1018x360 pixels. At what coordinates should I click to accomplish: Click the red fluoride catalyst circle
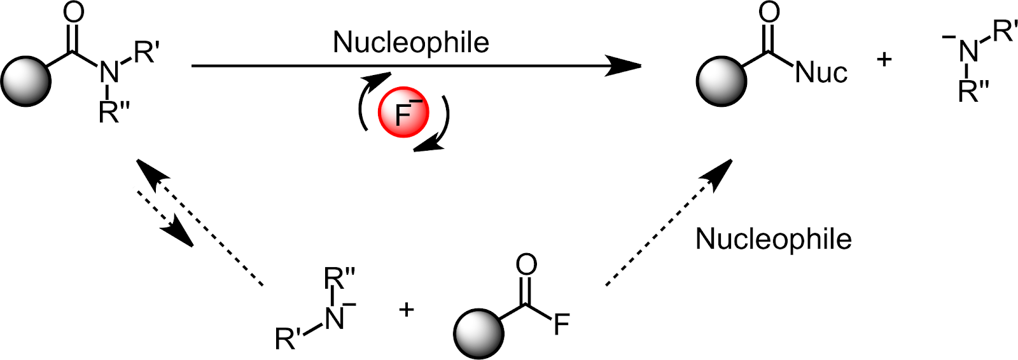click(x=403, y=113)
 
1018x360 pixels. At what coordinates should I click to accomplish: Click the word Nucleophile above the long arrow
click(x=411, y=43)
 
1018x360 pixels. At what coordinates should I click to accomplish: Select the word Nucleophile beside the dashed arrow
click(x=773, y=239)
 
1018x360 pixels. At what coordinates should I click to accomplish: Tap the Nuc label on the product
click(x=821, y=73)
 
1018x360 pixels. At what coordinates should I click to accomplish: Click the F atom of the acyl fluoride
click(x=561, y=325)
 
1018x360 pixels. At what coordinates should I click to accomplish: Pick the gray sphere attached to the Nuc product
click(x=722, y=81)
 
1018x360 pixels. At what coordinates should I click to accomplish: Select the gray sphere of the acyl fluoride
click(x=478, y=333)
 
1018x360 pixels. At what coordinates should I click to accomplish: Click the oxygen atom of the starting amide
click(x=74, y=13)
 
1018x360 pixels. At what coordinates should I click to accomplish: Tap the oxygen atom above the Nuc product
click(x=769, y=12)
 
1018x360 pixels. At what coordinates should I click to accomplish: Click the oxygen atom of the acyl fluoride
click(x=527, y=265)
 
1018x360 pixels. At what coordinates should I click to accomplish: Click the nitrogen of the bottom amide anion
click(x=334, y=318)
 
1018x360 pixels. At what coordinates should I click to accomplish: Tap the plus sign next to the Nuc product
click(x=884, y=60)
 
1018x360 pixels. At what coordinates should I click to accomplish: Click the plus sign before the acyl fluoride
click(x=406, y=310)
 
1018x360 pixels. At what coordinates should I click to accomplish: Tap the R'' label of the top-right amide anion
click(x=973, y=92)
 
